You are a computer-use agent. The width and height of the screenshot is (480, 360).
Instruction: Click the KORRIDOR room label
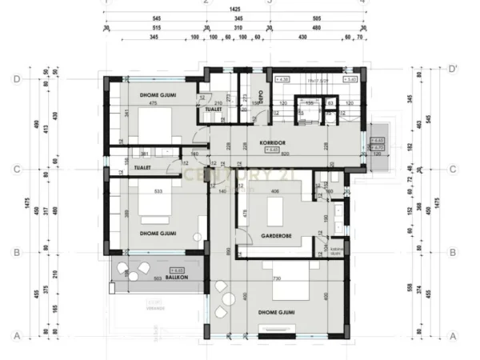(273, 142)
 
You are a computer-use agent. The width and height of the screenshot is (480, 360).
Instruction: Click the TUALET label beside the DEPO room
(213, 110)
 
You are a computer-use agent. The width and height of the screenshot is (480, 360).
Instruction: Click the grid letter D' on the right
(454, 68)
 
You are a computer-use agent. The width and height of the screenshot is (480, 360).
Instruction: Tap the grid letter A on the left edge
(16, 336)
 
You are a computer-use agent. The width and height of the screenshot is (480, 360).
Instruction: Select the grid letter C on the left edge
(16, 170)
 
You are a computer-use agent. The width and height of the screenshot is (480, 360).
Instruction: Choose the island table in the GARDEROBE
(277, 212)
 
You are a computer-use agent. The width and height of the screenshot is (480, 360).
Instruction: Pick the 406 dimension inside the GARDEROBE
(276, 192)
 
